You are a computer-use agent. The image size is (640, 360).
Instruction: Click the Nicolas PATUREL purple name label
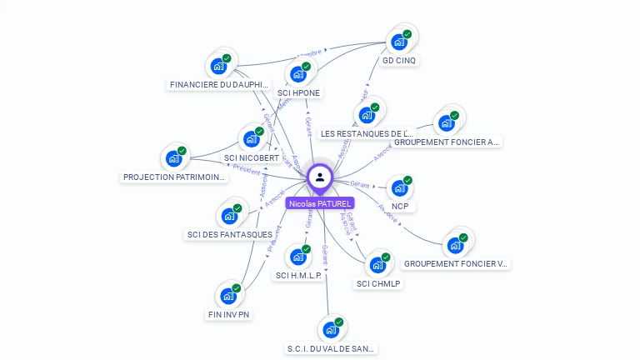pyautogui.click(x=319, y=202)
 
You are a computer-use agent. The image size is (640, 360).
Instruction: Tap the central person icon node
pyautogui.click(x=320, y=177)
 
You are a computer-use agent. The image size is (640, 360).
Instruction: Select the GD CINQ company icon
pyautogui.click(x=400, y=42)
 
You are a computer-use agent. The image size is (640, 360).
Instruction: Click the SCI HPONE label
pyautogui.click(x=298, y=92)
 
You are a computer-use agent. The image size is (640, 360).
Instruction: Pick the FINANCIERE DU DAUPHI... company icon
pyautogui.click(x=219, y=66)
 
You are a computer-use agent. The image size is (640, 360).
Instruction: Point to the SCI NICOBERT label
pyautogui.click(x=252, y=157)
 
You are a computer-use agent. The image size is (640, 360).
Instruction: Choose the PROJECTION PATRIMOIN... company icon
pyautogui.click(x=174, y=157)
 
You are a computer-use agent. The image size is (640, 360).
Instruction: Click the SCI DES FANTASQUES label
pyautogui.click(x=229, y=234)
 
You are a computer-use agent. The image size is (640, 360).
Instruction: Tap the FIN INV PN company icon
pyautogui.click(x=228, y=295)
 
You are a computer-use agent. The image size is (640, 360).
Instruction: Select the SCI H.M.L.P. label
pyautogui.click(x=298, y=275)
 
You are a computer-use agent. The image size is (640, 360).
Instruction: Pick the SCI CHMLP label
pyautogui.click(x=378, y=283)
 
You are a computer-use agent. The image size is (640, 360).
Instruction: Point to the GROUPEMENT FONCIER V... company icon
pyautogui.click(x=455, y=245)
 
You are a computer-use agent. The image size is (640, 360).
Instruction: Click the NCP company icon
pyautogui.click(x=400, y=187)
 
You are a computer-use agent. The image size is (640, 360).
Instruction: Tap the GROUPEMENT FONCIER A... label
pyautogui.click(x=447, y=142)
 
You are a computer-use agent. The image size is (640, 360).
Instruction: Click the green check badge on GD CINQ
pyautogui.click(x=407, y=34)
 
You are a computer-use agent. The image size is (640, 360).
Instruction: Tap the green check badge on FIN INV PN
pyautogui.click(x=236, y=288)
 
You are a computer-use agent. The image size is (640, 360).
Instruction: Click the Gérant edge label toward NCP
pyautogui.click(x=359, y=183)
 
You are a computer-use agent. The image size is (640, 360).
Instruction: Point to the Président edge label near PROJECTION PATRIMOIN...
pyautogui.click(x=247, y=169)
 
